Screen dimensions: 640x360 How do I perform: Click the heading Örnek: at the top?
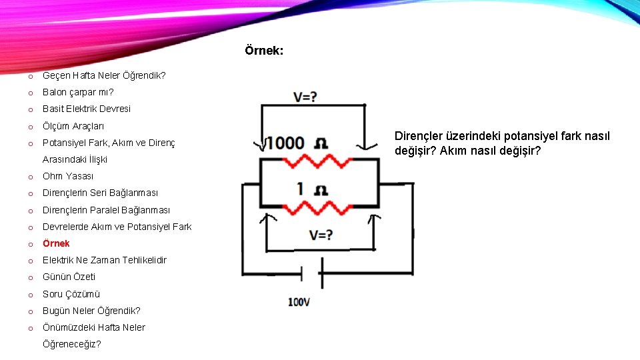(x=263, y=51)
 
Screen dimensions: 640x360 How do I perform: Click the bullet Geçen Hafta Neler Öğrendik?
(x=104, y=75)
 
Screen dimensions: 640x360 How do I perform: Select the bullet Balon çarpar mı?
(x=78, y=92)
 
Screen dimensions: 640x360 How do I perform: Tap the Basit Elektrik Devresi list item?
(x=87, y=109)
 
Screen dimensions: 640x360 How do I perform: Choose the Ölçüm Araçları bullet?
(x=73, y=126)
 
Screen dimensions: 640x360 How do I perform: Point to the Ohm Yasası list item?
(x=68, y=176)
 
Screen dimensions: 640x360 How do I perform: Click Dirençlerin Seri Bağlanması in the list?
(x=100, y=193)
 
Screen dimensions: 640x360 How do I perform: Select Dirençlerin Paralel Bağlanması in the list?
(x=106, y=210)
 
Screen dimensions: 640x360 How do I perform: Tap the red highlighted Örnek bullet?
(x=56, y=243)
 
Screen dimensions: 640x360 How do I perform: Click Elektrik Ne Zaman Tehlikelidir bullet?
(x=105, y=260)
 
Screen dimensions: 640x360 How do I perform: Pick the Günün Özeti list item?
(x=69, y=277)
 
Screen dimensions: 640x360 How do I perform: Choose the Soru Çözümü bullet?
(x=71, y=294)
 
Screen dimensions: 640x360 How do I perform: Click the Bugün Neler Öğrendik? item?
(x=91, y=311)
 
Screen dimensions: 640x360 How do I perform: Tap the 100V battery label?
(x=299, y=302)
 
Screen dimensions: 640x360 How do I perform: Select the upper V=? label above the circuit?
(x=305, y=97)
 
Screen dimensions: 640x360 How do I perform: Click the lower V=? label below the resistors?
(x=321, y=235)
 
